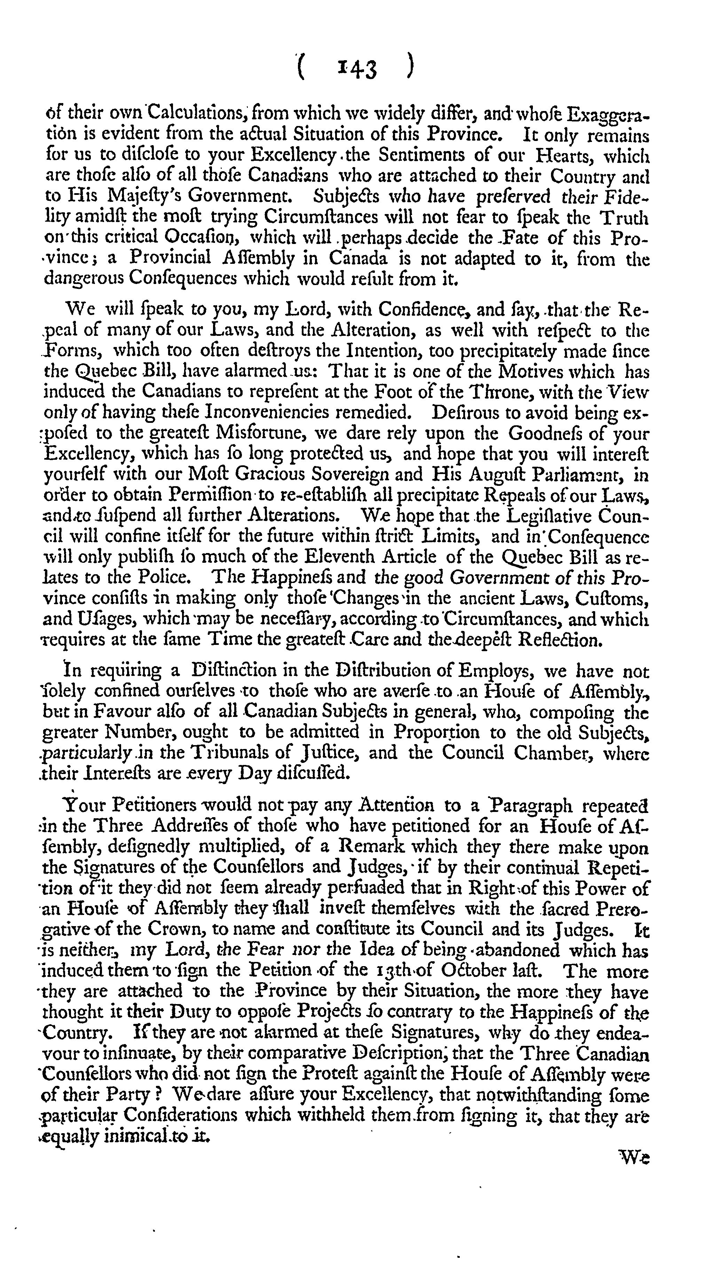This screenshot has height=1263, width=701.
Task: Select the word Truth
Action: pos(623,217)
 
